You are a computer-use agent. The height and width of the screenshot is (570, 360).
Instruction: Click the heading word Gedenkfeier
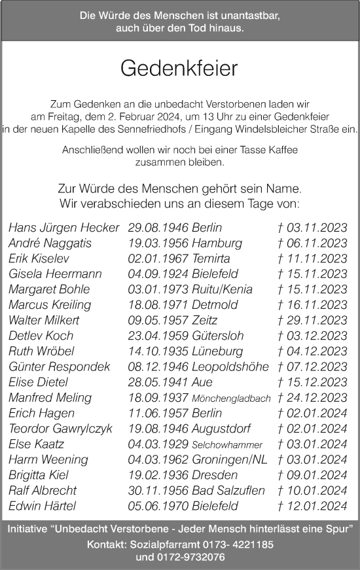tap(179, 69)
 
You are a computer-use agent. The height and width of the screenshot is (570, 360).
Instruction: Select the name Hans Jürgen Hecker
tap(63, 228)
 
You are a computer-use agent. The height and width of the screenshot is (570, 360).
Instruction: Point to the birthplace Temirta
tap(211, 258)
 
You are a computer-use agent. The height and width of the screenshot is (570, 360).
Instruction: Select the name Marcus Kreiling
tap(50, 304)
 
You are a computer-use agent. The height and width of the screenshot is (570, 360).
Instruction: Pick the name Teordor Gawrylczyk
tap(60, 429)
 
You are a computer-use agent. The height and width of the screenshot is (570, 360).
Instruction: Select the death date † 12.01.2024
tap(312, 505)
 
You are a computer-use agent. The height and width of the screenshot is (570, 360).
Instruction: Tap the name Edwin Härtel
tap(43, 505)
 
